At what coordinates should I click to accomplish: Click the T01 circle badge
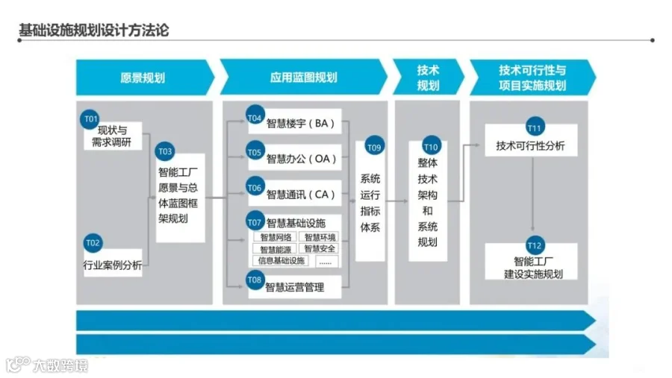click(x=90, y=119)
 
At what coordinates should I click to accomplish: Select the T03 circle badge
click(x=165, y=152)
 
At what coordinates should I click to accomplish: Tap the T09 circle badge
click(x=374, y=148)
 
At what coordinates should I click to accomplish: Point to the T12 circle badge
click(x=534, y=245)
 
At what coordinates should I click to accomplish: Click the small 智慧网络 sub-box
click(x=276, y=237)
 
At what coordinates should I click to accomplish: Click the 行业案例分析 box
click(x=112, y=265)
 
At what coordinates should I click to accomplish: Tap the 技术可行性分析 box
click(x=531, y=146)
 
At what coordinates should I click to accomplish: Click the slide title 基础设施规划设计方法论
click(x=93, y=31)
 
